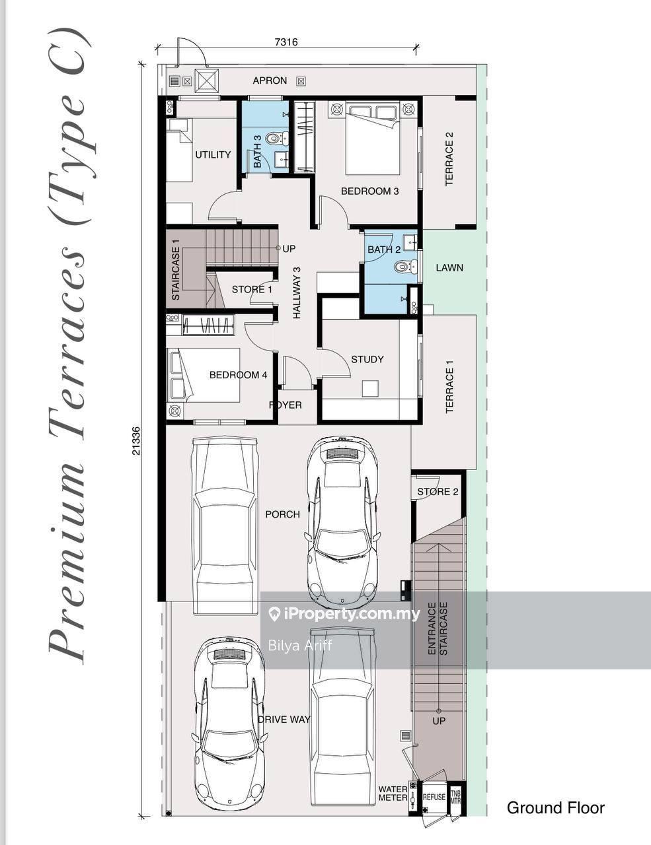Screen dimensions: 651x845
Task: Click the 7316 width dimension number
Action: click(286, 42)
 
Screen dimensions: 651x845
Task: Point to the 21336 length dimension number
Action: click(135, 441)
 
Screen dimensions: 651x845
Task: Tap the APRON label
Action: click(270, 81)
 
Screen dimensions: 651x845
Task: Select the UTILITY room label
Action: click(213, 154)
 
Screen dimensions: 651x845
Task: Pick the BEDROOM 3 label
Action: click(369, 191)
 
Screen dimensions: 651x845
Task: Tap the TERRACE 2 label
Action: click(449, 158)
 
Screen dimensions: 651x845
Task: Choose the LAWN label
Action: click(449, 267)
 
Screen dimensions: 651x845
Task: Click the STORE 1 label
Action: click(252, 289)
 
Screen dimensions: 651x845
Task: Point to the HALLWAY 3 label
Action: click(297, 292)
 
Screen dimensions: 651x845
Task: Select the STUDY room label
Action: click(367, 359)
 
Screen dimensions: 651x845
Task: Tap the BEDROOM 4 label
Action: click(238, 375)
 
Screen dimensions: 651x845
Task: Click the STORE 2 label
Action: click(438, 492)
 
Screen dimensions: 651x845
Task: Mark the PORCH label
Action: click(282, 514)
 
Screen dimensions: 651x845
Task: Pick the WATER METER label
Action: click(393, 794)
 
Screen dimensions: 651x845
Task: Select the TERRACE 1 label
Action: click(449, 387)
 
